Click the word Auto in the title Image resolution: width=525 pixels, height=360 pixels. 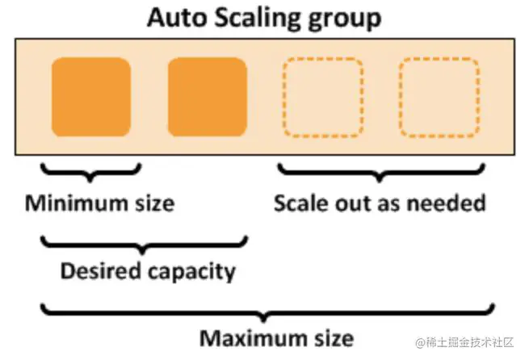[x=174, y=18]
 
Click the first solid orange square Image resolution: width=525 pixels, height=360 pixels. [x=90, y=98]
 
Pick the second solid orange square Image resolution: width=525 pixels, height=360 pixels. [x=207, y=98]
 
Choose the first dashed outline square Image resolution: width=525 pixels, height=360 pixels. [x=322, y=98]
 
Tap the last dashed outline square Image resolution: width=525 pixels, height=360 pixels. [x=439, y=98]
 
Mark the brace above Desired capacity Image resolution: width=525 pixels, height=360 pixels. [x=145, y=243]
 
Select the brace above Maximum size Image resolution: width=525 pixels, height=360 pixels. [x=266, y=311]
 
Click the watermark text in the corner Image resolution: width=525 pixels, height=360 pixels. [x=457, y=346]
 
